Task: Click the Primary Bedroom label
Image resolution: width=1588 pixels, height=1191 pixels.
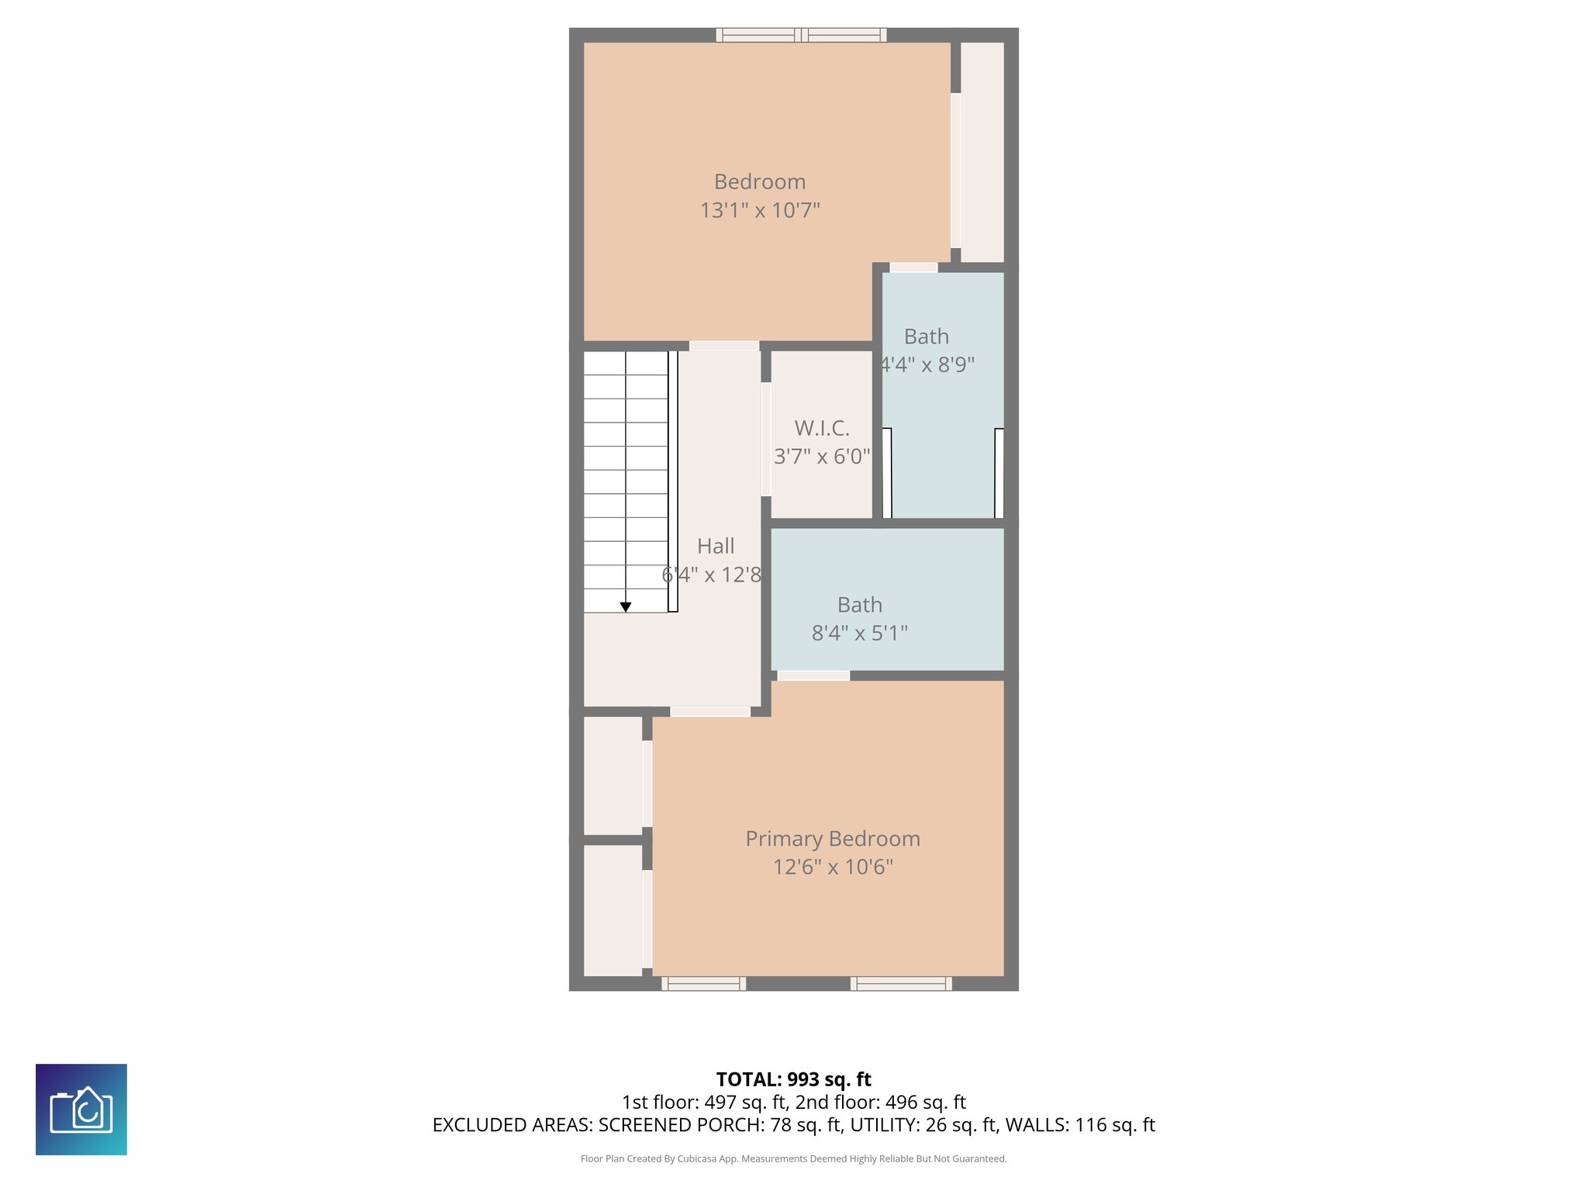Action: point(833,839)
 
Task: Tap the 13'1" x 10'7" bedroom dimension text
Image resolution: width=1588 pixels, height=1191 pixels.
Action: point(760,210)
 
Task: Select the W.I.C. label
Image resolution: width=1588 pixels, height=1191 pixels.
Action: point(822,428)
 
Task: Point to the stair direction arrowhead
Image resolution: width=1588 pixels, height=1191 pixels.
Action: point(626,607)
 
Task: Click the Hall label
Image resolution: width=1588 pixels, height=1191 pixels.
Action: point(716,546)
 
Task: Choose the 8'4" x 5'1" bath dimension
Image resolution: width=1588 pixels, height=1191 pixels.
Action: point(859,633)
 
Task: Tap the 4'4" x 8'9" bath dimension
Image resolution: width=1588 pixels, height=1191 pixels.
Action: point(927,364)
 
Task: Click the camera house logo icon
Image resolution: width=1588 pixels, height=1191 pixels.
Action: point(81,1110)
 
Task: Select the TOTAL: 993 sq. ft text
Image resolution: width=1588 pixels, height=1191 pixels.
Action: point(793,1079)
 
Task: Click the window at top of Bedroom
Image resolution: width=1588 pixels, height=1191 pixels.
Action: point(801,35)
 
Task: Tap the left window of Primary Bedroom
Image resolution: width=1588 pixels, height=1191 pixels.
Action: point(704,984)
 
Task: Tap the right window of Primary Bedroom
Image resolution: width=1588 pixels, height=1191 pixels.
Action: point(901,984)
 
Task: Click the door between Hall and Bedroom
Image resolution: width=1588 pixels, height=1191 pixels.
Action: point(724,346)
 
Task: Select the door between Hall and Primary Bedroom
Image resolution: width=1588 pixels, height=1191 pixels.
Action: point(710,712)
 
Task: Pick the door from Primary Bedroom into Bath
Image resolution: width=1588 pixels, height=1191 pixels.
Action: point(813,676)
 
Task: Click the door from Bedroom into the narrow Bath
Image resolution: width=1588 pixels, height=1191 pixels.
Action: point(913,268)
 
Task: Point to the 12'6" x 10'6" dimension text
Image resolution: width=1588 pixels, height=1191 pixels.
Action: point(833,867)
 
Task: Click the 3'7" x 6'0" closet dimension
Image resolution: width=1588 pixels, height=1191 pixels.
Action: point(822,457)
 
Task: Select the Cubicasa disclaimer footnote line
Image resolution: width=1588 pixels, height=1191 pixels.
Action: point(793,1159)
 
